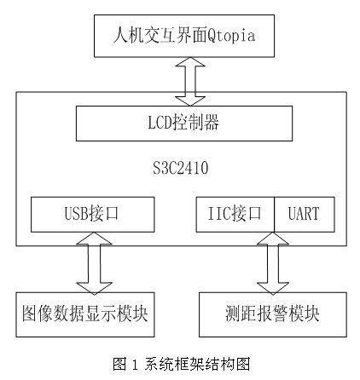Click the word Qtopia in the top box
click(230, 36)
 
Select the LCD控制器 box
click(184, 124)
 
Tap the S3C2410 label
click(181, 168)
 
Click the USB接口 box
click(93, 215)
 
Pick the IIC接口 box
click(235, 215)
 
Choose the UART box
click(305, 215)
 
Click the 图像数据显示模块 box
click(85, 314)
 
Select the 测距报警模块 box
click(273, 314)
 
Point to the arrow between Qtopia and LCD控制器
click(190, 82)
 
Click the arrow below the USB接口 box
click(94, 263)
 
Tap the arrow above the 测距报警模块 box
click(273, 263)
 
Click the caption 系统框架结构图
click(197, 364)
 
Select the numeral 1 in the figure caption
click(135, 365)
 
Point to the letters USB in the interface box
click(77, 214)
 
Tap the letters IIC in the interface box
click(219, 214)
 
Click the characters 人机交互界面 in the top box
click(160, 35)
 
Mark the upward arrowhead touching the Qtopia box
click(190, 62)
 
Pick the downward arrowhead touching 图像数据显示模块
click(94, 289)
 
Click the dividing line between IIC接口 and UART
click(275, 215)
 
